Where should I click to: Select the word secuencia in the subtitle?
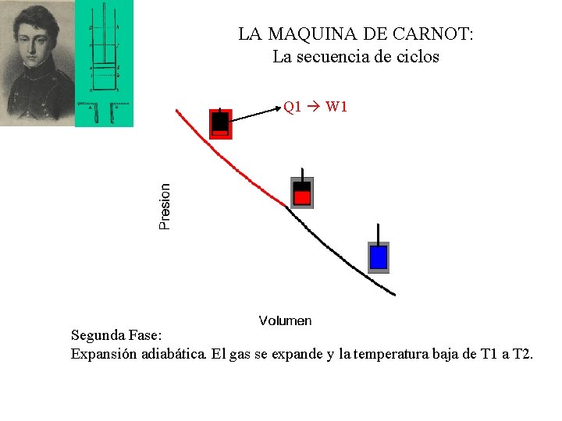tap(340, 57)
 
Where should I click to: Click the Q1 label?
tap(293, 106)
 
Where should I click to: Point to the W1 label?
tap(336, 106)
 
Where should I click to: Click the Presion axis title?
tap(165, 207)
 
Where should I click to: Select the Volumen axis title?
tap(285, 320)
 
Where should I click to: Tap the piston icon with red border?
tap(221, 123)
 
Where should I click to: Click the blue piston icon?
tap(379, 256)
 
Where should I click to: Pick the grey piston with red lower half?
tap(302, 192)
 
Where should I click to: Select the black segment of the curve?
tap(343, 254)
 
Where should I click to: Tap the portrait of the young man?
tap(36, 62)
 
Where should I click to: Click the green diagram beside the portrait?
tap(104, 62)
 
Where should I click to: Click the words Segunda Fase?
tap(116, 336)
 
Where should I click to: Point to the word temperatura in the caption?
tap(389, 355)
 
